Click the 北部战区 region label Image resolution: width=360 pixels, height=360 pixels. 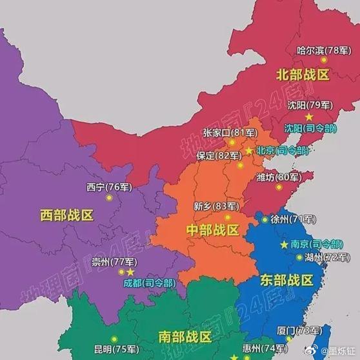click(303, 74)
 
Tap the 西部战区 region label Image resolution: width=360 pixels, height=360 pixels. click(66, 214)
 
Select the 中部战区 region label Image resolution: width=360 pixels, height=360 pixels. click(212, 230)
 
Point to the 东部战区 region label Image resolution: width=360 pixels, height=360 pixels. click(286, 280)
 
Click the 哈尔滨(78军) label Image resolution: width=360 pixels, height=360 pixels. click(319, 50)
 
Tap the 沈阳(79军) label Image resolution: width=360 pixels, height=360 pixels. click(310, 105)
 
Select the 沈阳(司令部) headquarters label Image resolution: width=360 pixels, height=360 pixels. click(310, 128)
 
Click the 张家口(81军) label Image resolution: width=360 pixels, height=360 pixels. click(230, 132)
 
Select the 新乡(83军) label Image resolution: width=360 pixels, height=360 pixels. click(215, 206)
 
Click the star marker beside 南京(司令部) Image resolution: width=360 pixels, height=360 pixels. click(284, 245)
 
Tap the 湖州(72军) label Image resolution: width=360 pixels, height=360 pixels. click(326, 257)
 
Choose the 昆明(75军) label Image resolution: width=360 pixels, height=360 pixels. click(115, 349)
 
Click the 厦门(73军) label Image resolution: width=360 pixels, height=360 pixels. click(299, 330)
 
